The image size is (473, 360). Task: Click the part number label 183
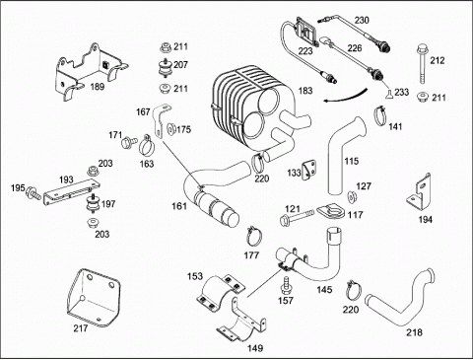pos(305,91)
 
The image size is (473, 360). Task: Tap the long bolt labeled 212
pos(423,65)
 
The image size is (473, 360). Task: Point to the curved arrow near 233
pos(345,96)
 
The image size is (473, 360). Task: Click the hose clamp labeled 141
pos(380,115)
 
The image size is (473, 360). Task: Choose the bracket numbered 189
pos(90,71)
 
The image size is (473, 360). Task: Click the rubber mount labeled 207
pos(166,68)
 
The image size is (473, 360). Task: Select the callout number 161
pos(179,206)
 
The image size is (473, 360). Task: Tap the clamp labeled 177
pos(254,236)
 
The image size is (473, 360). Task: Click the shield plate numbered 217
pos(94,298)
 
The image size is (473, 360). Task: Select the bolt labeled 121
pos(297,217)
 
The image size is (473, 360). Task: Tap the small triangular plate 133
pos(308,170)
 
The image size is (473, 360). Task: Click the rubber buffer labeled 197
pos(93,204)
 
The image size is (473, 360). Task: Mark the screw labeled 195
pos(34,193)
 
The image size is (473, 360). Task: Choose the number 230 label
pos(362,20)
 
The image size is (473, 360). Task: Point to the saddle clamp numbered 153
pos(221,292)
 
